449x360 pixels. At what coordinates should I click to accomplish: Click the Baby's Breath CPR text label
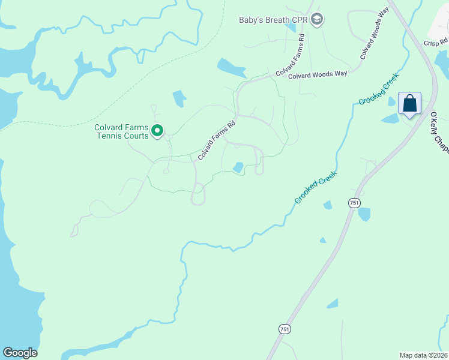pos(273,20)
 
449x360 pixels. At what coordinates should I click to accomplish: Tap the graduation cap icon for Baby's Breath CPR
pos(317,20)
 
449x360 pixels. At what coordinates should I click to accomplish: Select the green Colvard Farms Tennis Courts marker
pos(157,130)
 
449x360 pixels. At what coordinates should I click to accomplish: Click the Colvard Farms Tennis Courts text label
pos(121,131)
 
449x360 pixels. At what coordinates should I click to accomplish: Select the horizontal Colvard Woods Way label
pos(318,75)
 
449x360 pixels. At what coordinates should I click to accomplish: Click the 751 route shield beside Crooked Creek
pos(354,203)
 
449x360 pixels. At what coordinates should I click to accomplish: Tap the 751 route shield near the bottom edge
pos(284,329)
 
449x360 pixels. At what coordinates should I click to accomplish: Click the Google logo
pos(20,352)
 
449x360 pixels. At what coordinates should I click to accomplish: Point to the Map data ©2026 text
pos(423,355)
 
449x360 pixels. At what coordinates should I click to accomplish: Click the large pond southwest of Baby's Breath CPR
pos(232,68)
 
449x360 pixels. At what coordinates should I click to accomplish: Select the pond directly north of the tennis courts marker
pos(179,99)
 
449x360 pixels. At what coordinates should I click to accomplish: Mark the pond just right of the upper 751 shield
pos(364,214)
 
